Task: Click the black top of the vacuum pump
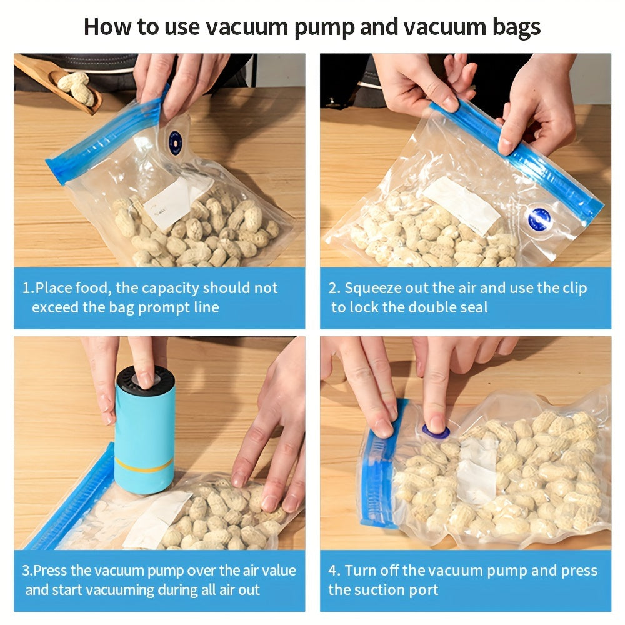[146, 379]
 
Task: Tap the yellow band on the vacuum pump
[144, 465]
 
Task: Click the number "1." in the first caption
[28, 288]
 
